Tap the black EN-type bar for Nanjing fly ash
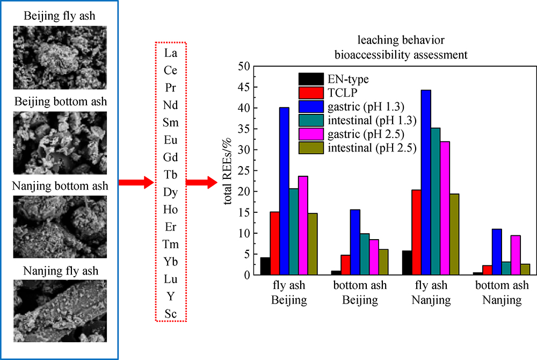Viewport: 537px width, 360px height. tap(407, 263)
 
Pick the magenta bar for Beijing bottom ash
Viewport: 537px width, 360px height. tap(359, 257)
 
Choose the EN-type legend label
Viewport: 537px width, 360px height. tap(349, 80)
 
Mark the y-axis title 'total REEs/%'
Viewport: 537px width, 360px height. tap(228, 170)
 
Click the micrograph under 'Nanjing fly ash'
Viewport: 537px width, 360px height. tap(60, 310)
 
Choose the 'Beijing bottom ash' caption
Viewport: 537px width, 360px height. tap(60, 101)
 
